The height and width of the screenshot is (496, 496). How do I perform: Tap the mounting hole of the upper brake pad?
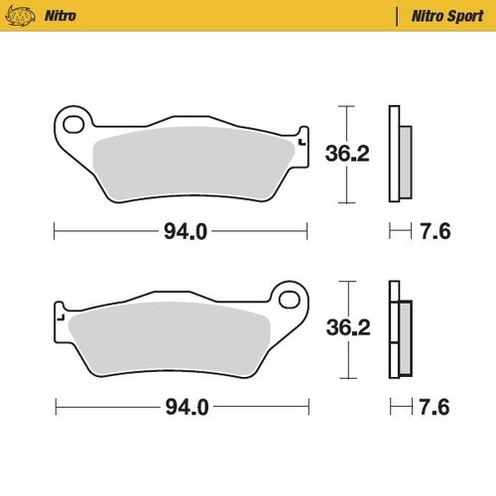tap(72, 125)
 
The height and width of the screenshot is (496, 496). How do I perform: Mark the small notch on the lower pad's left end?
tap(62, 318)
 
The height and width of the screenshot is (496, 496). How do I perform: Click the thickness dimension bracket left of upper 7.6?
tap(399, 234)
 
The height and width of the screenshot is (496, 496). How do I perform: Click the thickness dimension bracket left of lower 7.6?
tap(399, 408)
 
